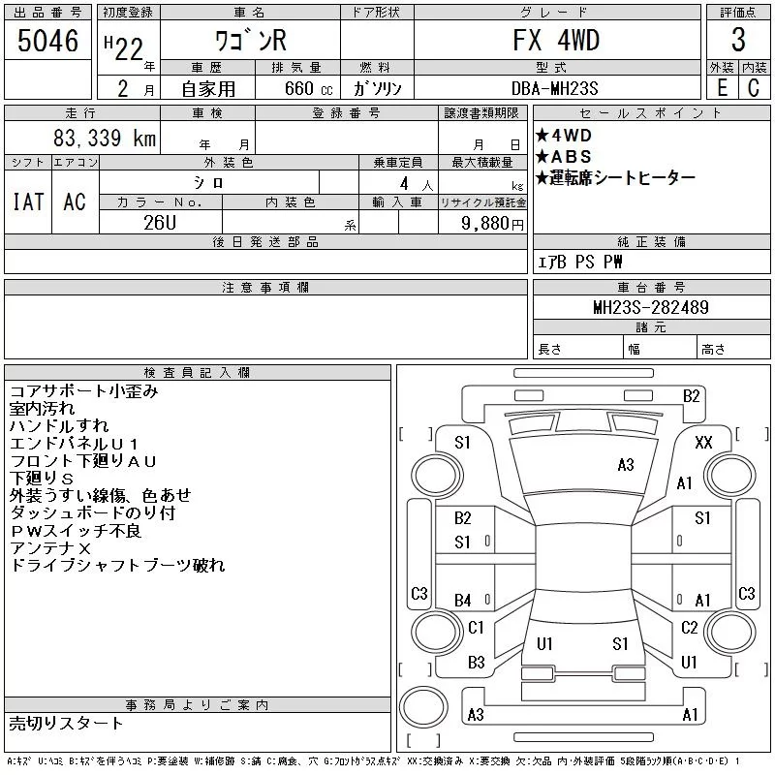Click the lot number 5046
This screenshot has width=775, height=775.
[x=47, y=41]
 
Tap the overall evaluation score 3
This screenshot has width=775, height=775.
[x=738, y=40]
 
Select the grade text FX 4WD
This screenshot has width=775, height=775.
[x=556, y=40]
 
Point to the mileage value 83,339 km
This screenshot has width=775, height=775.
[x=104, y=139]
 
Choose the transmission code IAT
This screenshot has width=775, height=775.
[x=27, y=201]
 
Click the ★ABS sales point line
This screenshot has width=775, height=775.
[x=564, y=157]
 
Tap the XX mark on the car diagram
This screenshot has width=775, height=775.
[x=704, y=443]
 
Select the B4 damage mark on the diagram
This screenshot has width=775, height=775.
[x=463, y=601]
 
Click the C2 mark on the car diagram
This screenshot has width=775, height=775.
[x=690, y=628]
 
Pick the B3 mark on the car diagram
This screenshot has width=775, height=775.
[x=476, y=663]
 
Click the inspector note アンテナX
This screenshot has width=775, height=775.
[x=46, y=548]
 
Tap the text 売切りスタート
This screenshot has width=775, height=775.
[x=67, y=724]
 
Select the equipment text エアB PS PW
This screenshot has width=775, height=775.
[x=580, y=262]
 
